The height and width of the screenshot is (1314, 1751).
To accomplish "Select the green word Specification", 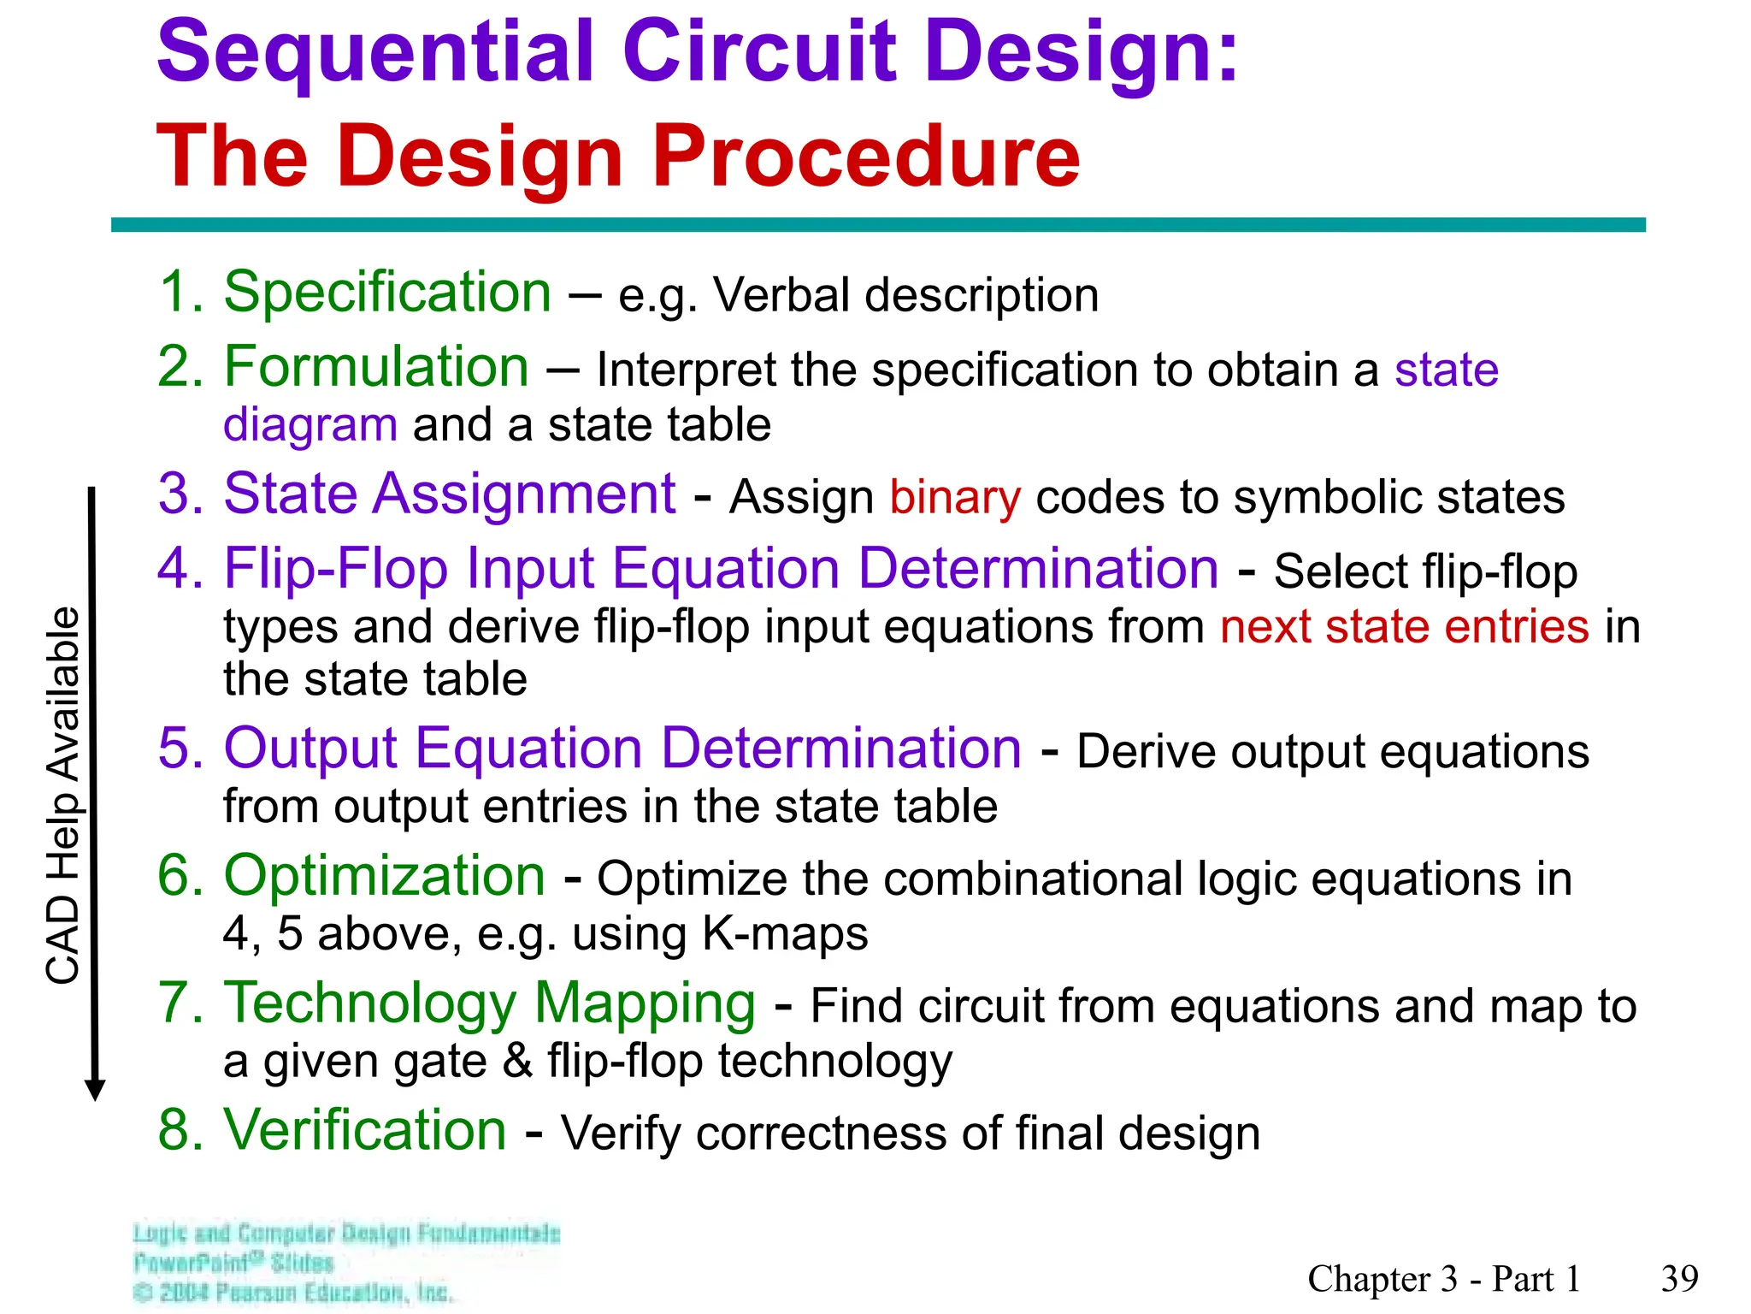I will click(x=386, y=293).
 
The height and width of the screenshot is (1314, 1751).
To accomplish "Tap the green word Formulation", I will click(x=376, y=367).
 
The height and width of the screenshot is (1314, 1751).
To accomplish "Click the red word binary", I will click(x=955, y=497).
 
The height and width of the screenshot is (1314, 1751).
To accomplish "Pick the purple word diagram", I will click(x=310, y=425).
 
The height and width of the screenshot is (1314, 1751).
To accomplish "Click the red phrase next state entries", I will click(x=1404, y=626).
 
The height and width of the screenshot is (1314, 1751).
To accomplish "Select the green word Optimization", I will click(x=384, y=876).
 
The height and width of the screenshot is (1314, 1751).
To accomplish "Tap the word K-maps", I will click(x=784, y=933).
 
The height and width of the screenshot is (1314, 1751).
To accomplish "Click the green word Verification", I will click(x=365, y=1130).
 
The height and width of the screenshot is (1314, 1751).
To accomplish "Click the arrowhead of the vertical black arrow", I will click(x=95, y=1090).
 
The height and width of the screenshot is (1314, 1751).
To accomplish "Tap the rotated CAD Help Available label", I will click(x=63, y=796).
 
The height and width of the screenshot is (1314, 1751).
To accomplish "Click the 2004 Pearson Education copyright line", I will click(x=292, y=1292).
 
